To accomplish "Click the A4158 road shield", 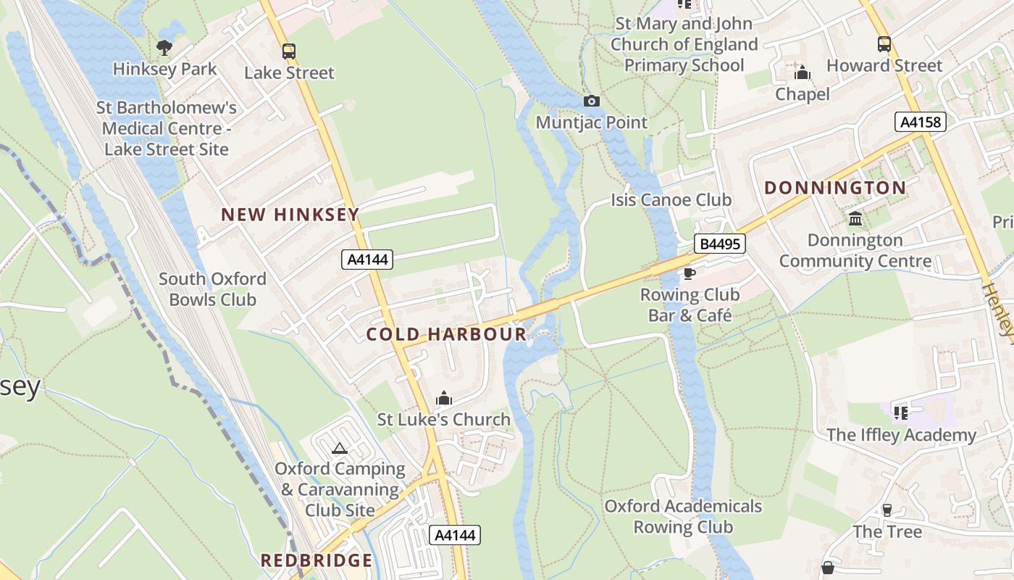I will click(x=921, y=122).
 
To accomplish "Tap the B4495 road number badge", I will click(x=719, y=244).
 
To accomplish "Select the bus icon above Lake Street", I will click(x=289, y=51).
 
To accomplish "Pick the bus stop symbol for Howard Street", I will click(x=884, y=44).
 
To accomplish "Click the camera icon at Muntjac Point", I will click(x=592, y=101).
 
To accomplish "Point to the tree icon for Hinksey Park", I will click(x=164, y=48).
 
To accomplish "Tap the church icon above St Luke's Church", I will click(x=444, y=398).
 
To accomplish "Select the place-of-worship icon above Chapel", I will click(x=802, y=72).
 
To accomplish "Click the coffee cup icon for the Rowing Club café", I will click(x=689, y=273).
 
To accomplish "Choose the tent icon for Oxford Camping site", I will click(x=340, y=448).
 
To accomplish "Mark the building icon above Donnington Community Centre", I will click(x=855, y=218).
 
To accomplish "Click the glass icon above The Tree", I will click(x=887, y=510).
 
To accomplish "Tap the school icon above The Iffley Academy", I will click(x=901, y=413).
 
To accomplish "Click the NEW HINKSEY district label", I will click(x=290, y=215).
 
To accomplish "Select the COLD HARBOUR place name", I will click(x=446, y=334).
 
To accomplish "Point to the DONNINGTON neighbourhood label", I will click(x=835, y=188).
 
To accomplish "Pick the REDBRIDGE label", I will click(x=317, y=560).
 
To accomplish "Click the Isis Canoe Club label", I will click(x=671, y=200).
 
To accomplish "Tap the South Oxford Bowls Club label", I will click(x=212, y=289).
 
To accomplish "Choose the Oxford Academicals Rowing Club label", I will click(x=683, y=516).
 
